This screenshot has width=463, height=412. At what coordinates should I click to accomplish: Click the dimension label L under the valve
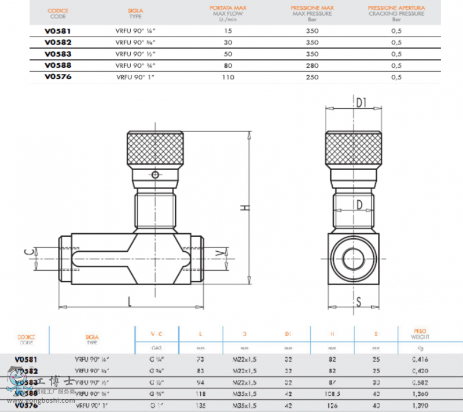(130, 301)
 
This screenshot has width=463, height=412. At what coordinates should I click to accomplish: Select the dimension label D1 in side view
(361, 103)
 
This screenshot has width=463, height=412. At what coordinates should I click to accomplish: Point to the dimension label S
(359, 301)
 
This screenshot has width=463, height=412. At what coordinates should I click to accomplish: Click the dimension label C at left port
(27, 252)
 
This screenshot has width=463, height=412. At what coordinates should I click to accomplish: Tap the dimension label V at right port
(218, 253)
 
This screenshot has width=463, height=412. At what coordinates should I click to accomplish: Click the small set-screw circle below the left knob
(155, 175)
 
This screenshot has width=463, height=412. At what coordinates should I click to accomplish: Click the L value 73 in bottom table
(200, 359)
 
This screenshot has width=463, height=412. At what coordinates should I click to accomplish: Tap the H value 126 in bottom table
(332, 405)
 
